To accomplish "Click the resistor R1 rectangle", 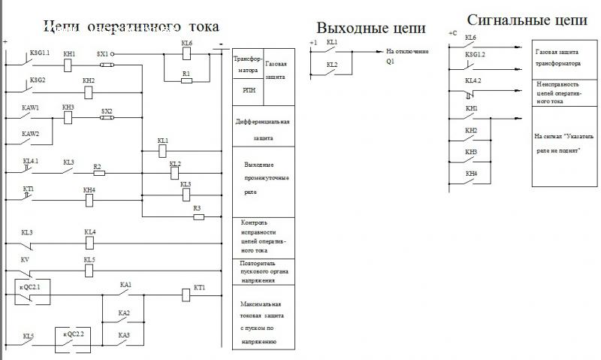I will tap(187, 79).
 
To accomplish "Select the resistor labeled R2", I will tap(98, 173).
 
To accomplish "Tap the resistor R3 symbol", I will tap(198, 217).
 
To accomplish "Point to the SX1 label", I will tap(103, 54).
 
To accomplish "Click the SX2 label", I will tap(107, 111).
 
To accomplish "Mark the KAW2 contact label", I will tap(30, 134).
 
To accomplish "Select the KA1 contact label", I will tap(125, 285).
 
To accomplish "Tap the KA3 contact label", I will tap(124, 334).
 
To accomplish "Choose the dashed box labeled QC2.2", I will tap(71, 337).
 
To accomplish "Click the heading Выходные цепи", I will tap(371, 29).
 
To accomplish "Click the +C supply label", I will tap(452, 34).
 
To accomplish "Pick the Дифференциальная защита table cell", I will tap(262, 129).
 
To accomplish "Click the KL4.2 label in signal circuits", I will tap(473, 80).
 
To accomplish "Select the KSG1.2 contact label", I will tap(476, 55).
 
